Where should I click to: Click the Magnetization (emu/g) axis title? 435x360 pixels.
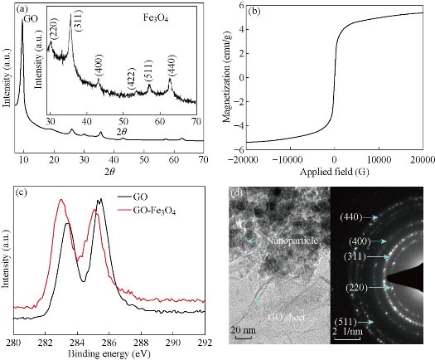click(220, 77)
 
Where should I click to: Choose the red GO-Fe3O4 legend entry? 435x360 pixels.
click(143, 212)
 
